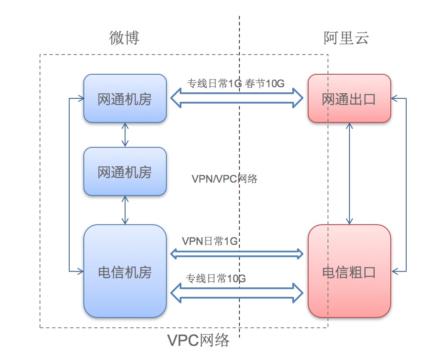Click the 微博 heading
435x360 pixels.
124,38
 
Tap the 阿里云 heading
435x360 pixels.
346,38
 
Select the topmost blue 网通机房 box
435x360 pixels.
125,99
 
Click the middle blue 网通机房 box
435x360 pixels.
125,172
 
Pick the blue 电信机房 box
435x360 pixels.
125,272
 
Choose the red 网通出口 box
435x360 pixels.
349,99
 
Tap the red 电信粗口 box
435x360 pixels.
349,272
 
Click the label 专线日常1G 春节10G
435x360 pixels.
236,83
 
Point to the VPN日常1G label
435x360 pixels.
210,241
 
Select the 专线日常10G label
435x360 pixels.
216,278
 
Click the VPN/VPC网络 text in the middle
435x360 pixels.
224,179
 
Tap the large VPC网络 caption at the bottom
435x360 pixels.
199,340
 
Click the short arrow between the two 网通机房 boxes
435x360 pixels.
125,135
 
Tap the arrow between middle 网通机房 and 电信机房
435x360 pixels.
125,210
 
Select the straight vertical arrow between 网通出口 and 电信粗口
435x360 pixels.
349,174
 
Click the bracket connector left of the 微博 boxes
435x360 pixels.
70,185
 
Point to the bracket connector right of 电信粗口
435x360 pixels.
406,185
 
